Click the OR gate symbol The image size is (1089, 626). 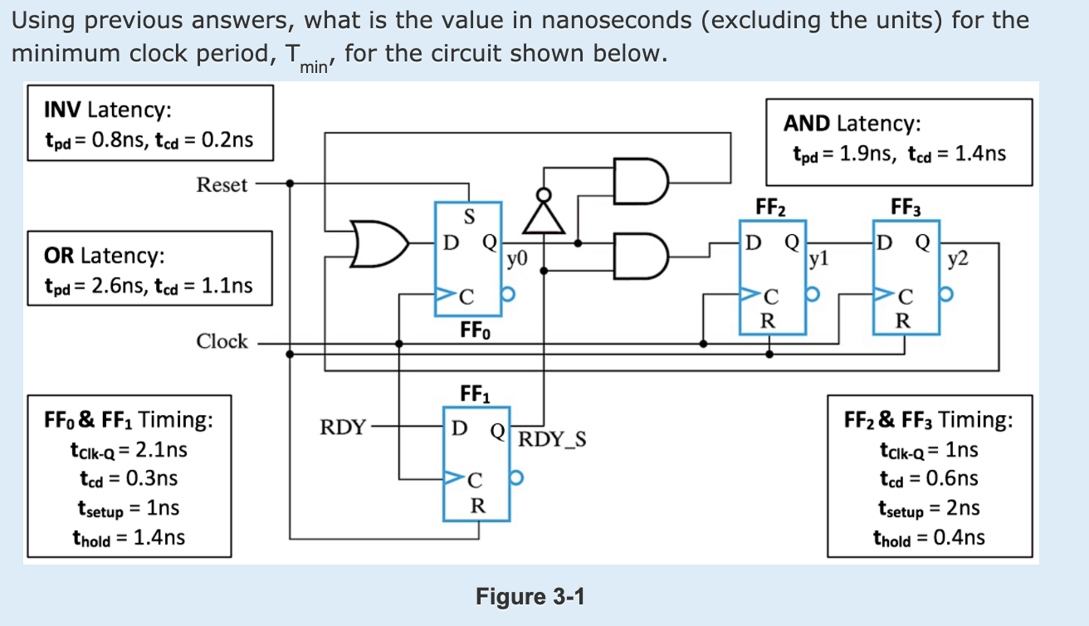click(377, 243)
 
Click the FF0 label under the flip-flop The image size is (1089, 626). click(475, 331)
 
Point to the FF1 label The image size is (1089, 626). click(475, 393)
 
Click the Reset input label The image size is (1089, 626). click(222, 184)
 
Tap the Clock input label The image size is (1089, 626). click(222, 341)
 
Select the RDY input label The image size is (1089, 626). click(342, 428)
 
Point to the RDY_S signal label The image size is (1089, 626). click(552, 438)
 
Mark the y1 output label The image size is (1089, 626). click(819, 260)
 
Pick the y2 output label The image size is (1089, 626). click(958, 260)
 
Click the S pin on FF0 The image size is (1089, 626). click(468, 218)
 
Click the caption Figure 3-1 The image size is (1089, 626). click(530, 596)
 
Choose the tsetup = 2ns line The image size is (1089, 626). click(928, 508)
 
